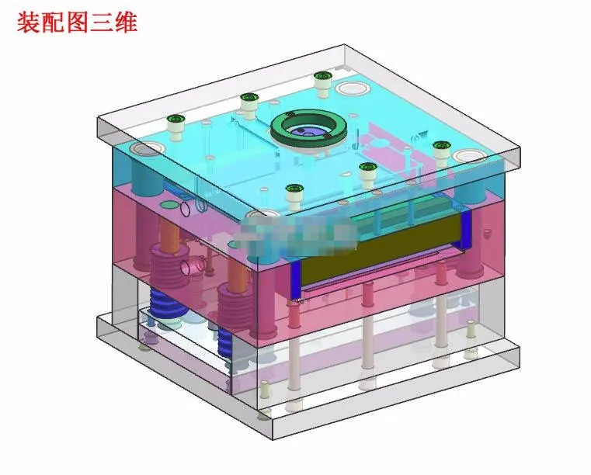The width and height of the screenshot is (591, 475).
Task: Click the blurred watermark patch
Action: pos(295,232)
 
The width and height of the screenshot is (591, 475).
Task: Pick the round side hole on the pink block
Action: pos(192,266)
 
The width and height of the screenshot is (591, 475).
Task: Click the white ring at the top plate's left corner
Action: pos(144,147)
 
